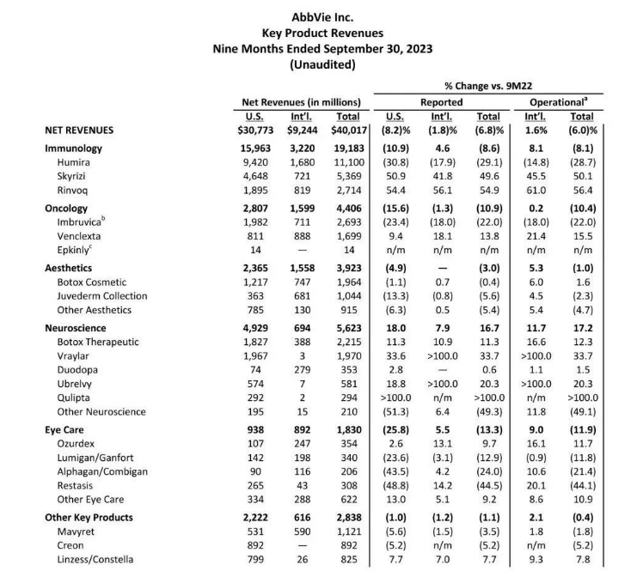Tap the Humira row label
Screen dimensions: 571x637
click(x=75, y=161)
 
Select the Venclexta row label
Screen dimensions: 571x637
click(x=82, y=235)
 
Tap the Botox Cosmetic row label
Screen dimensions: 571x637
click(x=92, y=282)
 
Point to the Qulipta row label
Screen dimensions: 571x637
click(x=75, y=398)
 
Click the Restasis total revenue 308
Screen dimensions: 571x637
click(x=351, y=486)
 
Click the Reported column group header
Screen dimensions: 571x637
click(x=440, y=101)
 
